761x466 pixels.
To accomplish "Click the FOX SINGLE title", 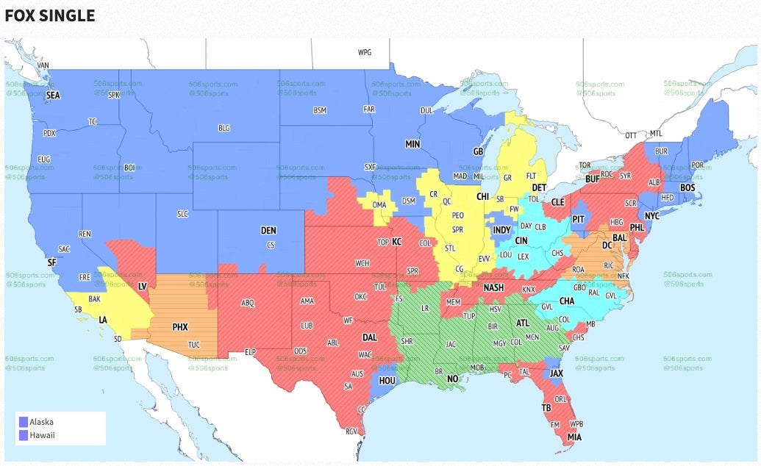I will point(50,15).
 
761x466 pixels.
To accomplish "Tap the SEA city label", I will point(53,96).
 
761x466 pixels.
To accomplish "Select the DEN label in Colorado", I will point(268,231).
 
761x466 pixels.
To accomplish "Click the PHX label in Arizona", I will point(180,326).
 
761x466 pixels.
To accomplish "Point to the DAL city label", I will point(370,337).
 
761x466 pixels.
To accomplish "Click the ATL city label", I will point(523,323).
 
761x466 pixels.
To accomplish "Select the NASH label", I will point(493,288).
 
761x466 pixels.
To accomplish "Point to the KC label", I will point(397,242).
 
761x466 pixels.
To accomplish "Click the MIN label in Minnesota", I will point(412,145).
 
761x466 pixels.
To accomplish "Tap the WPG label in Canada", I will point(365,53).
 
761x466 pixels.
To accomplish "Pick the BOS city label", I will point(687,188).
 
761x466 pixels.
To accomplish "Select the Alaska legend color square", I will point(24,422).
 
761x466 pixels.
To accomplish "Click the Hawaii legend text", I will point(42,435).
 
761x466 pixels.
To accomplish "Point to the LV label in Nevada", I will point(143,285).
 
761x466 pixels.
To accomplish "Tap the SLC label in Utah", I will point(183,214).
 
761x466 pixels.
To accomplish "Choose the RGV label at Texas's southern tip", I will point(351,431).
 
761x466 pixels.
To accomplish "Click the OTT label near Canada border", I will point(631,135).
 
